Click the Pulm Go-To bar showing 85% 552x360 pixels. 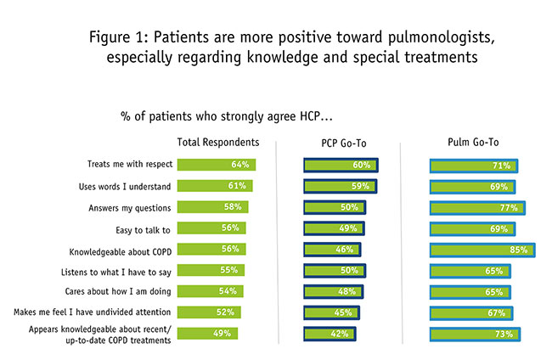point(482,250)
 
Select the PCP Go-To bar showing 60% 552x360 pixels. point(341,165)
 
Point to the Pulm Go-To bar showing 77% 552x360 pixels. point(477,207)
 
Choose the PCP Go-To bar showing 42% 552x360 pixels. point(329,334)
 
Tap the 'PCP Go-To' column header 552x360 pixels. point(339,142)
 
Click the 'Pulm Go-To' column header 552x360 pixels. point(476,142)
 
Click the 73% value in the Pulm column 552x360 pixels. point(504,334)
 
